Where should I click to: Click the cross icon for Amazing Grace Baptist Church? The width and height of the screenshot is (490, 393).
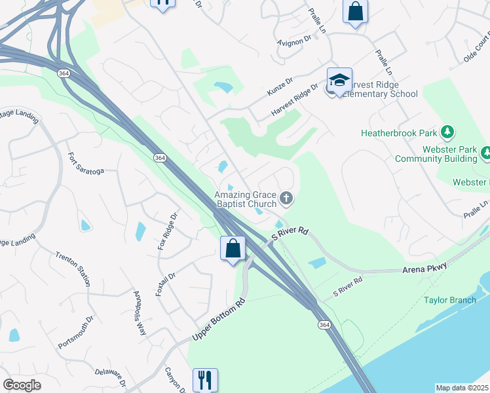click(x=286, y=197)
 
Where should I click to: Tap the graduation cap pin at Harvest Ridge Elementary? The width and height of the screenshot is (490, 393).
click(x=339, y=81)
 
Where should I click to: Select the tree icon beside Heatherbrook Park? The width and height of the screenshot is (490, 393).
click(x=447, y=133)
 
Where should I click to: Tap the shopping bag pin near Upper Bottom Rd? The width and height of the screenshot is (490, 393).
click(x=233, y=249)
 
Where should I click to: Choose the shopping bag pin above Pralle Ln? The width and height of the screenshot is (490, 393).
click(x=355, y=11)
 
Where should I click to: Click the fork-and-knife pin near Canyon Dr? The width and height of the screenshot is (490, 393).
click(x=205, y=379)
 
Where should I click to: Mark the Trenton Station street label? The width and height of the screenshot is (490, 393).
click(x=73, y=269)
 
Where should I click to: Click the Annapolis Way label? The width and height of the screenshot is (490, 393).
click(x=140, y=313)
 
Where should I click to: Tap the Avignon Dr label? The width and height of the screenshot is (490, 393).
click(x=295, y=41)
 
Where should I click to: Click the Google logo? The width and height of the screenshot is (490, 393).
click(x=22, y=385)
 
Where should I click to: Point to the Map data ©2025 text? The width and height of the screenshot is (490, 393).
click(x=462, y=388)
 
